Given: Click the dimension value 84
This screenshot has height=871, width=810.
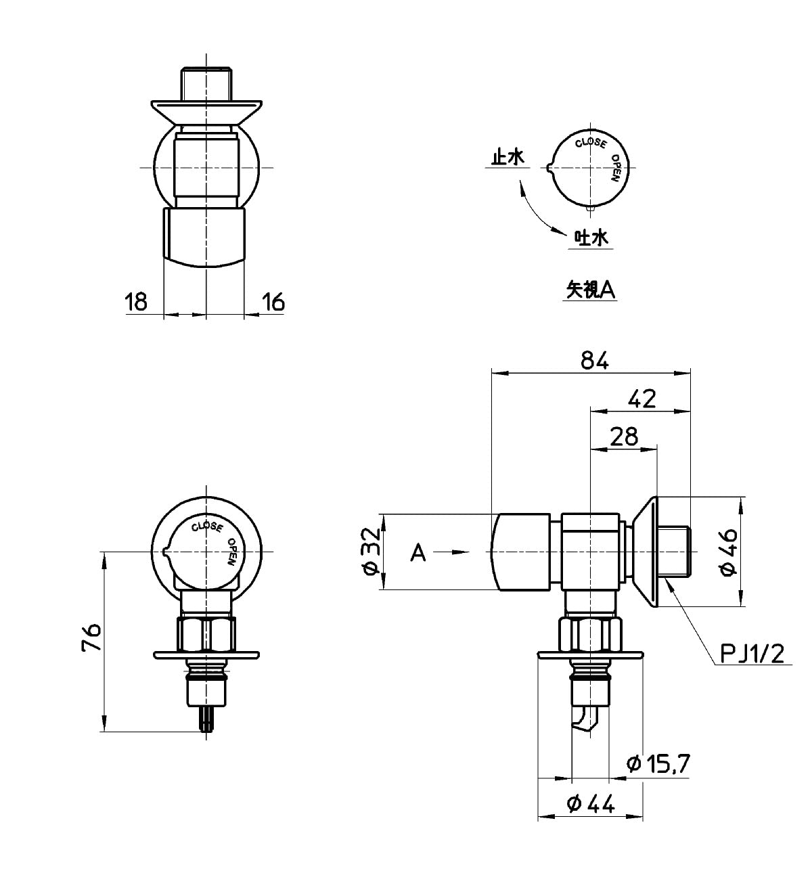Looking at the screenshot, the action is coord(595,361).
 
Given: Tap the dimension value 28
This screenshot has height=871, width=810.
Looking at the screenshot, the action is coord(624,437).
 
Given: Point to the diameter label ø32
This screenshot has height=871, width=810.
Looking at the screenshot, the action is coord(371,552).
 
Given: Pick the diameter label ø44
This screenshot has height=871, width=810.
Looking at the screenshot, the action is coord(590,804).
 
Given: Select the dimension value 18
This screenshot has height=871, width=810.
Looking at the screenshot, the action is coord(136,302).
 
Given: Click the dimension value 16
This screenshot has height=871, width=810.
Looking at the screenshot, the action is coord(273,302).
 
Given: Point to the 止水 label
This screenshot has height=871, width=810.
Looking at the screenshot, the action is coord(508,157).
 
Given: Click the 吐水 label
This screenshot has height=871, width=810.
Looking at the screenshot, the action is coord(591,238).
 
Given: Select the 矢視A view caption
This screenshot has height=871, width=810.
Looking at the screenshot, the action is coord(590,290).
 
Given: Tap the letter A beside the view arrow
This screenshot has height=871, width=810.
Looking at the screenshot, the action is coord(418,553).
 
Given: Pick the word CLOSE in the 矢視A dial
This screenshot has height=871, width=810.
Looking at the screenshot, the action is coord(591,143).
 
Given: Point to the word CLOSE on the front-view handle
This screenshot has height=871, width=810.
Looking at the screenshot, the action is coord(208,527).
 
